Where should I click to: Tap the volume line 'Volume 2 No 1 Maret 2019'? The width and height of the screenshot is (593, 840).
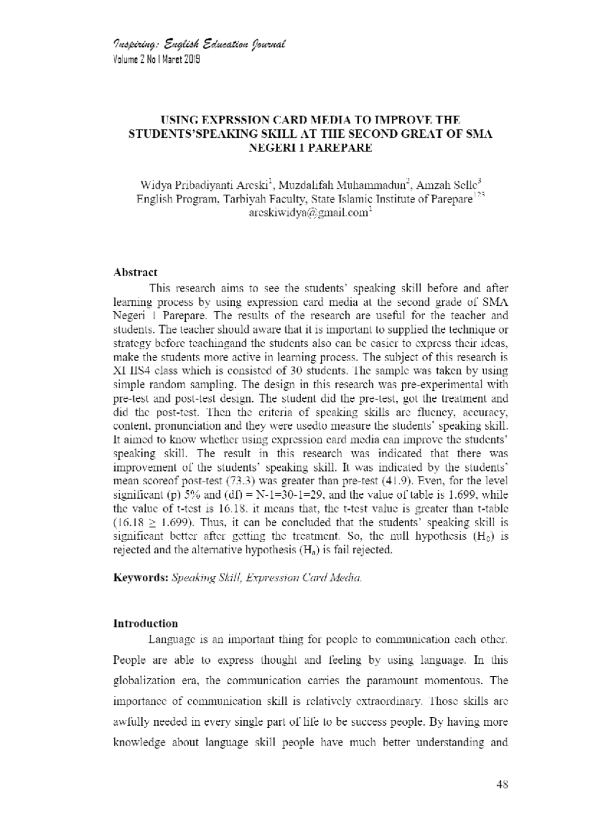point(157,60)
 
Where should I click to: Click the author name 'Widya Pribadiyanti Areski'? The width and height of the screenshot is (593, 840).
point(205,186)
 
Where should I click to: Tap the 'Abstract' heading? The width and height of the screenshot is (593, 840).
point(135,272)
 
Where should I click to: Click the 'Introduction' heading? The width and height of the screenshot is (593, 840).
point(145,623)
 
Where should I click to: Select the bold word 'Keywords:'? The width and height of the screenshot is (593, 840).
point(141,578)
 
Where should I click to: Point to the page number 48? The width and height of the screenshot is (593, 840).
point(502,784)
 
